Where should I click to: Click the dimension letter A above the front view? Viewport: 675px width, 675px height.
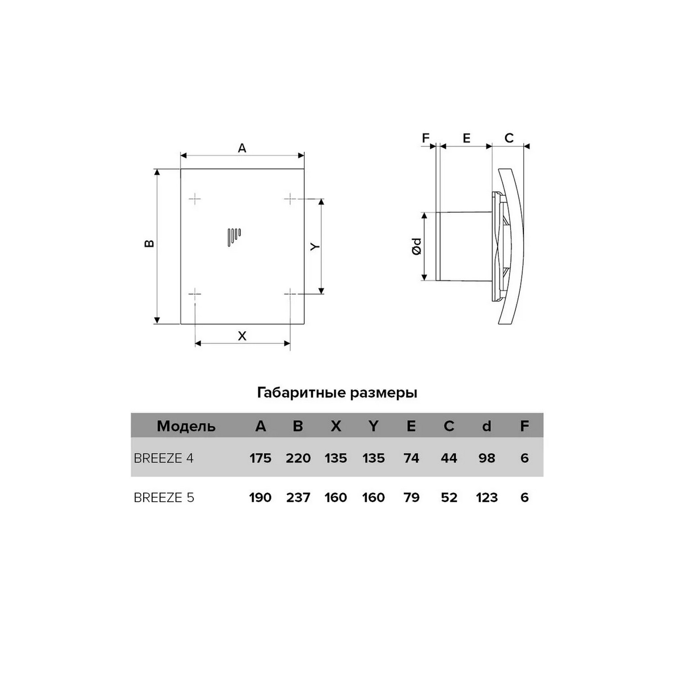click(242, 148)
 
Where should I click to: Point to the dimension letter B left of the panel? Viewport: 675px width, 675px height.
click(149, 243)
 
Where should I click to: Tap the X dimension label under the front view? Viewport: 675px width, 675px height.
click(242, 336)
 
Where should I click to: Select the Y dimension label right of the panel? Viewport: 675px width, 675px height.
click(315, 247)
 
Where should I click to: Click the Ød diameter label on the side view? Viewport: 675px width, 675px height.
click(417, 247)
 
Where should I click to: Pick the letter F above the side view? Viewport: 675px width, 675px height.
click(426, 138)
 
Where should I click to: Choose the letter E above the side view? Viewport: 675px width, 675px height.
click(466, 138)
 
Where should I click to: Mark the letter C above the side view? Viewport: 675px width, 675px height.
click(509, 138)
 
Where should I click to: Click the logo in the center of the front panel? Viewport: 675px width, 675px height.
click(234, 238)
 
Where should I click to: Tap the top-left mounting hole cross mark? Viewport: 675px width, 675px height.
click(195, 198)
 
